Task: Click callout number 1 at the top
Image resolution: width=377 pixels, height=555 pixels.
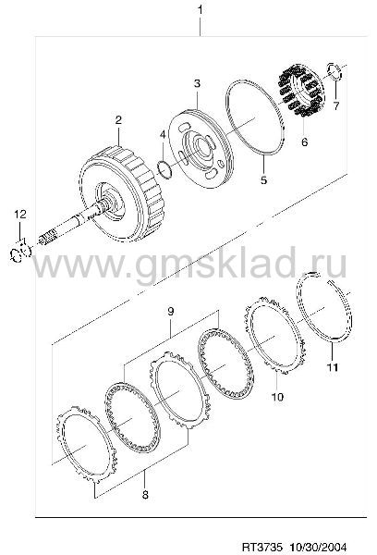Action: tap(201, 10)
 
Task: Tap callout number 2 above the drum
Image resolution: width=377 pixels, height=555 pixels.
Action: tap(118, 119)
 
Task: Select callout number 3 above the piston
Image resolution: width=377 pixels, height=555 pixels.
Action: tap(197, 83)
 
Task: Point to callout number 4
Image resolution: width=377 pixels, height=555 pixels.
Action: tap(163, 134)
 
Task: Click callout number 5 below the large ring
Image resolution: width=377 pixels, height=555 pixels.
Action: tap(264, 179)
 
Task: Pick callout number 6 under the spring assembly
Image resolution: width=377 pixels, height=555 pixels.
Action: tap(305, 142)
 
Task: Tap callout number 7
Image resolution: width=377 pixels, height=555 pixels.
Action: tap(336, 105)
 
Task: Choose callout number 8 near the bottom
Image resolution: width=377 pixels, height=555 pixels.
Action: tap(145, 495)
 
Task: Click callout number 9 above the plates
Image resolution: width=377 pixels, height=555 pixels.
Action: tap(170, 312)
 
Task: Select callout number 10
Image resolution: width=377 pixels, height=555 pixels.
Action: tap(277, 397)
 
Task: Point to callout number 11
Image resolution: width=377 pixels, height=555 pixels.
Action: tap(332, 367)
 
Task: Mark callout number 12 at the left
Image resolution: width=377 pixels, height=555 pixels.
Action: tap(20, 214)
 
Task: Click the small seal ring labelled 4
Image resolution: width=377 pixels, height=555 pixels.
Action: tap(164, 168)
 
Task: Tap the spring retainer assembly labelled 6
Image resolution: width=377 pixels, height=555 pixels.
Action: tap(301, 91)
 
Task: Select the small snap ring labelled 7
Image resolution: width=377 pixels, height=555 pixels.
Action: tap(334, 71)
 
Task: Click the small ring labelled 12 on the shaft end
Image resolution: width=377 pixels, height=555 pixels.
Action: tap(20, 251)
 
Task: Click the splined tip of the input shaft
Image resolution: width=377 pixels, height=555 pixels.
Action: tap(47, 237)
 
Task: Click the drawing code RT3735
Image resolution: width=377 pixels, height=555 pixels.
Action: tap(262, 547)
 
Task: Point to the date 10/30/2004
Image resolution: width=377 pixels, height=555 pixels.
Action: tap(318, 547)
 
